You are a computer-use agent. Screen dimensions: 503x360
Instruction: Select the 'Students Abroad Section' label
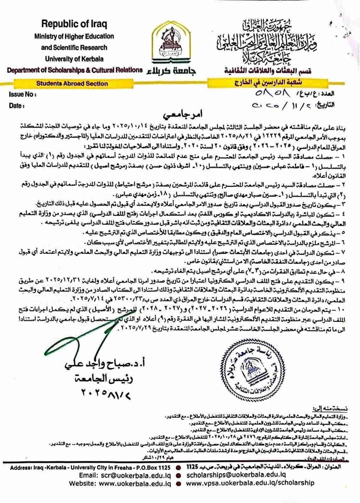click(72, 84)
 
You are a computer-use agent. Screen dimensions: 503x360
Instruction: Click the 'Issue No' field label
click(22, 94)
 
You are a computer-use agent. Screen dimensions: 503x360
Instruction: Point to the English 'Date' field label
click(17, 106)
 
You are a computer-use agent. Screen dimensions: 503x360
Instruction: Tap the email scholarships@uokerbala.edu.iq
click(236, 475)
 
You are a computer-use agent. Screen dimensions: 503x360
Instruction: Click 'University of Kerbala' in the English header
click(74, 59)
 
